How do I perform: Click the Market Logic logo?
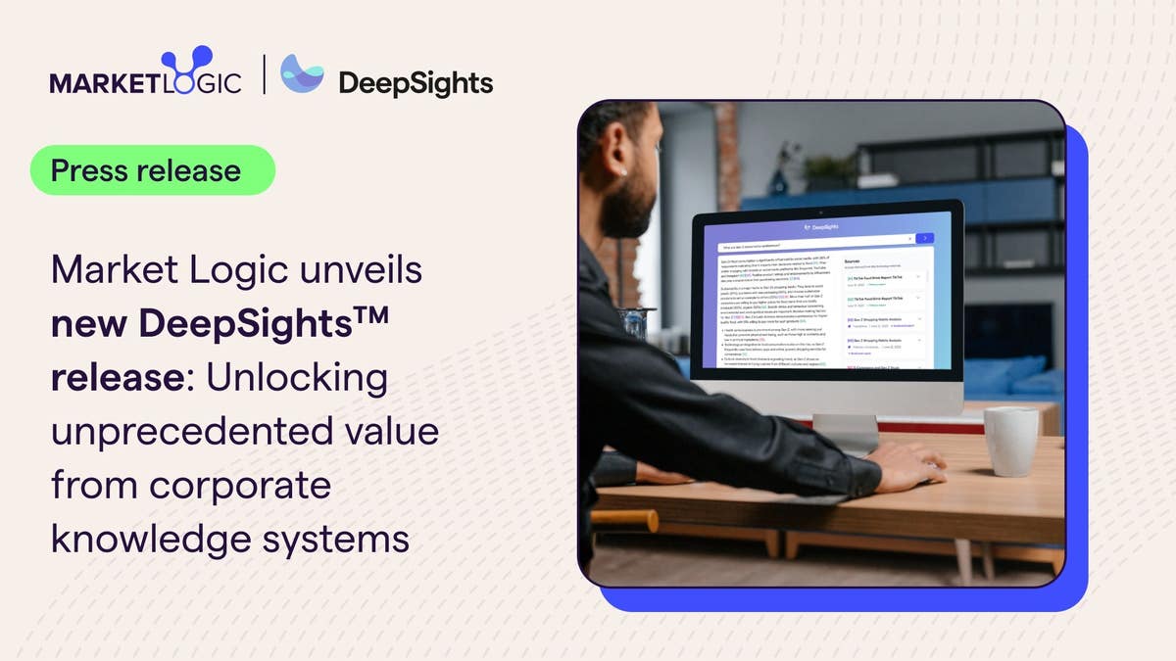(x=145, y=74)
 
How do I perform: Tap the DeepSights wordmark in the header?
(x=415, y=83)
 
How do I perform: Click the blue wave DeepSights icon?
(x=302, y=74)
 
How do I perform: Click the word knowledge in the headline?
(x=147, y=539)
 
